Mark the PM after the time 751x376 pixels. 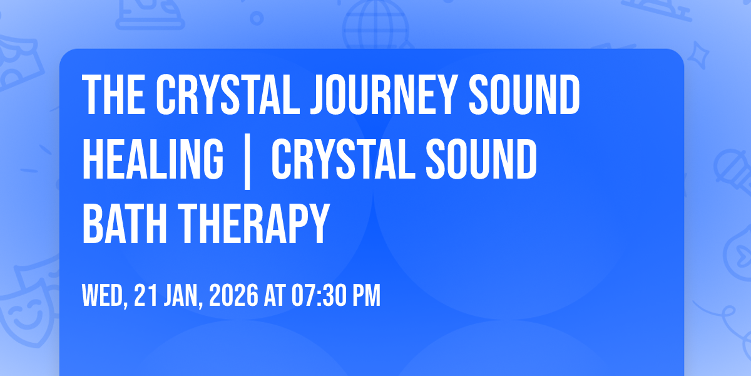click(x=367, y=296)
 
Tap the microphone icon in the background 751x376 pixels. click(x=730, y=166)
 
